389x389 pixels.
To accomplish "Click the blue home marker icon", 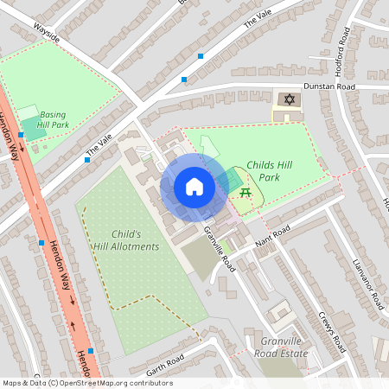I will click(194, 187).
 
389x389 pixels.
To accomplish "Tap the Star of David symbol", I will click(288, 100).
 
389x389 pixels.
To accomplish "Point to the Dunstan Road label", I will click(335, 87).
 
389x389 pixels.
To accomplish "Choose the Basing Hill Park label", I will click(54, 119).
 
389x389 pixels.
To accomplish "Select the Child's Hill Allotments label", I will click(136, 240).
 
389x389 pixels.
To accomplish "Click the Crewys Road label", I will click(332, 328).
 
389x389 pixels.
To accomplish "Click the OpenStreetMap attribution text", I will click(88, 383).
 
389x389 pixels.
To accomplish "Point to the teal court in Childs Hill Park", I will click(229, 180).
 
